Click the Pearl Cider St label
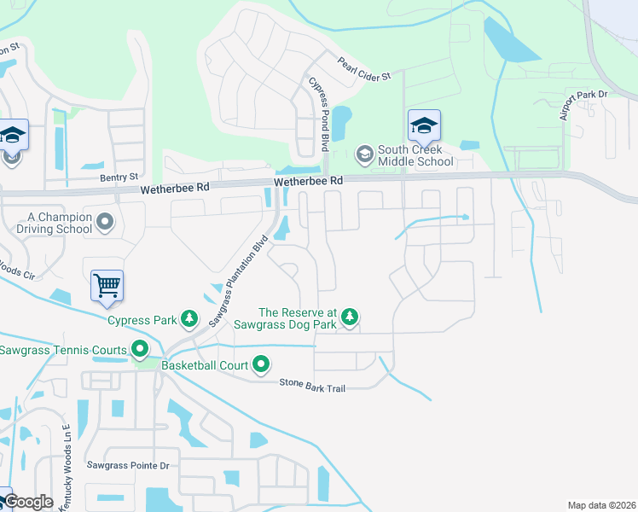coord(363,69)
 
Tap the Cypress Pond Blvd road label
coord(318,113)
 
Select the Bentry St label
coord(119,177)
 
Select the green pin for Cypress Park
coord(189,320)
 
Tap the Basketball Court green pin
coord(261,365)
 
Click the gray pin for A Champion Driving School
coord(105,223)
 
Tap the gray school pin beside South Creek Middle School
coord(364,154)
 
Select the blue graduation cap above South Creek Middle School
coord(424,126)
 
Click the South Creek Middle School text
coord(415,155)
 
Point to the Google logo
coord(27,503)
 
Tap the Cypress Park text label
coord(142,321)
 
